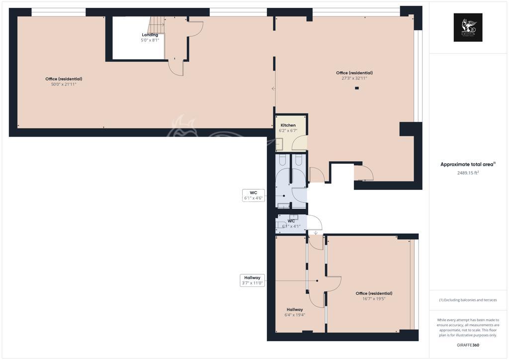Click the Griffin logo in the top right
point(468,27)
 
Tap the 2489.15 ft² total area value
point(468,173)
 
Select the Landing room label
point(150,35)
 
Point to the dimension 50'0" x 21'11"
point(64,85)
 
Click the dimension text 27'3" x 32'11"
point(354,78)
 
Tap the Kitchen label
point(288,125)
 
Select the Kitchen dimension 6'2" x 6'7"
point(288,130)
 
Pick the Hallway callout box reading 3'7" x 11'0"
point(252,280)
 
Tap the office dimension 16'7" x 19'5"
point(374,299)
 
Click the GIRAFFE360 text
point(468,345)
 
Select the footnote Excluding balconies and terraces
point(468,300)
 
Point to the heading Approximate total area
point(468,164)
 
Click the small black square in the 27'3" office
point(357,89)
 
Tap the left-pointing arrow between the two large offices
point(273,89)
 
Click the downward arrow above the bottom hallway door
point(316,232)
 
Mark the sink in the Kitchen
point(280,144)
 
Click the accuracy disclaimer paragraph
point(468,327)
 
